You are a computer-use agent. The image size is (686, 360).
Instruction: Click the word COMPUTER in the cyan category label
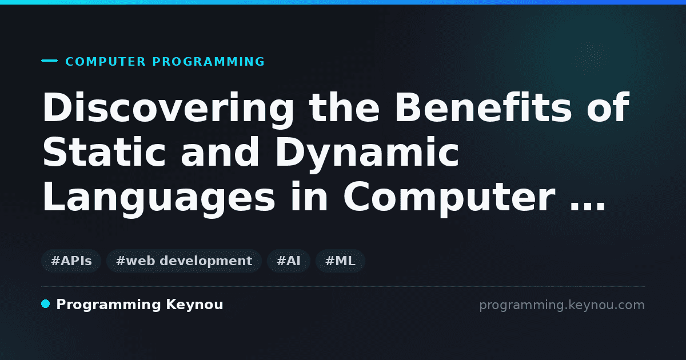105,62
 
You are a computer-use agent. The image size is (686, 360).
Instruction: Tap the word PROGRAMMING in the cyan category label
208,62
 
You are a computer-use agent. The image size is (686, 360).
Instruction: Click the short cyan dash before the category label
49,61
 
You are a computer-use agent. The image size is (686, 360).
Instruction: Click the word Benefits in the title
483,107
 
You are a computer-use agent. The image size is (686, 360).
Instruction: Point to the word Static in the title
104,152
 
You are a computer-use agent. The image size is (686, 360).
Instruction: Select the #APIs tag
71,261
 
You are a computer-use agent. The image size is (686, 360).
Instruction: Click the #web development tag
184,261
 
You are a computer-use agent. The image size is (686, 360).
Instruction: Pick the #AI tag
289,261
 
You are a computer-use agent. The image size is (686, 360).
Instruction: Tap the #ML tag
340,261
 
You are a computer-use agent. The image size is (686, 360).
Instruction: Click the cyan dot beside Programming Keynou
46,304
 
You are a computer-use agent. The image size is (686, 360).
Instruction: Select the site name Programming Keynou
139,305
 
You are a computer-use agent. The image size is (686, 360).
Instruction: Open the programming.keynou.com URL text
562,305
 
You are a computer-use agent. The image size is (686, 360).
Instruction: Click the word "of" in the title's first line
608,107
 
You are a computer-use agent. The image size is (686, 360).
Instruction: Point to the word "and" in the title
220,152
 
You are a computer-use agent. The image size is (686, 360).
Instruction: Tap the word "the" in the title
344,107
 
